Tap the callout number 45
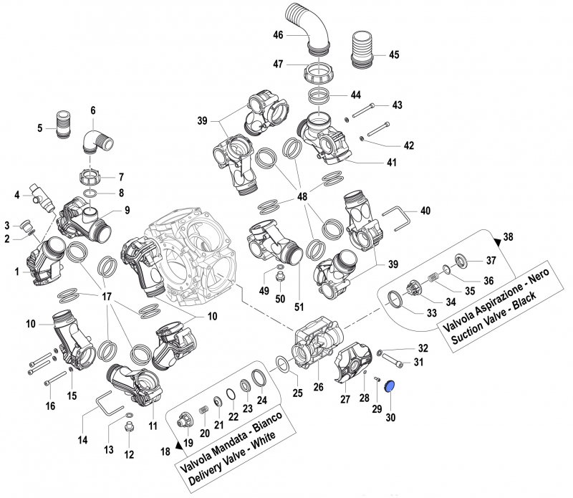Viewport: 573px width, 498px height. (394, 54)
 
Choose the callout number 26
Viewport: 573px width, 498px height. (319, 388)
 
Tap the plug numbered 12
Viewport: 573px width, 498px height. (130, 428)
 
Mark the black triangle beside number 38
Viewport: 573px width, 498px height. (498, 239)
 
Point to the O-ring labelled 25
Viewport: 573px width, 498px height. (284, 365)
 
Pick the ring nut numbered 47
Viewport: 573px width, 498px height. (320, 73)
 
